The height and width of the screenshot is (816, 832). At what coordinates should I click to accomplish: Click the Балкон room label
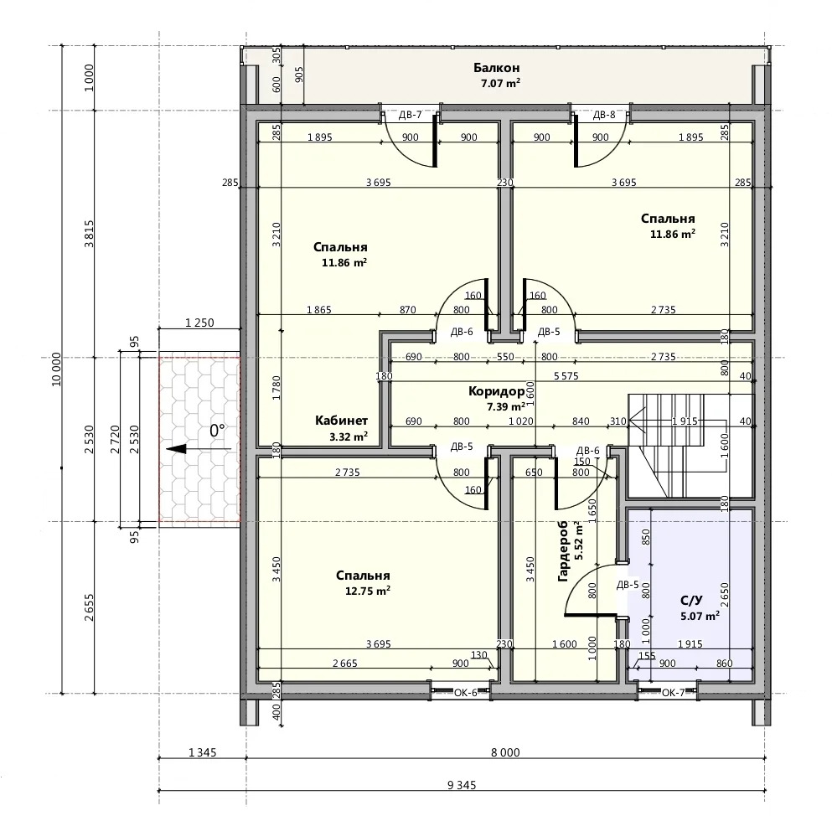click(x=497, y=68)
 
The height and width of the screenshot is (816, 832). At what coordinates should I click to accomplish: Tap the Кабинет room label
click(x=341, y=421)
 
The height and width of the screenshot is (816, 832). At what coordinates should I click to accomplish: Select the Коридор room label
click(x=496, y=391)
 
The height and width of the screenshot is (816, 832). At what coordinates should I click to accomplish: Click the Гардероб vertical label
click(x=563, y=551)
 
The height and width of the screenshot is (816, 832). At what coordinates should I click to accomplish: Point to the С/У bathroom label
click(x=691, y=601)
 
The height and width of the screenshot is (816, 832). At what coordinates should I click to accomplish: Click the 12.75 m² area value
click(x=368, y=591)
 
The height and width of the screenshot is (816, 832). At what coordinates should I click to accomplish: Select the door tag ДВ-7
click(x=411, y=115)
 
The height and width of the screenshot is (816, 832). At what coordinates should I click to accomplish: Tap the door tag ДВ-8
click(x=604, y=115)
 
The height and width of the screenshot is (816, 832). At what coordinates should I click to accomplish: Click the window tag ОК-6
click(x=465, y=692)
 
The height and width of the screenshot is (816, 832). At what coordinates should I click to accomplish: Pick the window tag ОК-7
click(x=673, y=692)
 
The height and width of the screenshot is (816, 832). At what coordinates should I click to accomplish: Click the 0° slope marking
click(x=216, y=431)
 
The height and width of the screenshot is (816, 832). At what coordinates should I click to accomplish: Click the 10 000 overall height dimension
click(x=56, y=369)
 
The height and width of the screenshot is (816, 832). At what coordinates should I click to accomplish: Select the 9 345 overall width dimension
click(x=462, y=785)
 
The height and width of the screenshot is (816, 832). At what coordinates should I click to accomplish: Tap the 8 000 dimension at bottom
click(x=505, y=752)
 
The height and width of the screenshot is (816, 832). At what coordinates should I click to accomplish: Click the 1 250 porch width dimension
click(x=199, y=323)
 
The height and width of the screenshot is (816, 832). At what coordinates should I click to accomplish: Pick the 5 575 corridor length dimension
click(x=566, y=376)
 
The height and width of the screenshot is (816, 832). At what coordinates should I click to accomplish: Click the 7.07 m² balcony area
click(x=500, y=83)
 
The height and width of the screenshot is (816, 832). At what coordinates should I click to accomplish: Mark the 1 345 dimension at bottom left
click(x=202, y=752)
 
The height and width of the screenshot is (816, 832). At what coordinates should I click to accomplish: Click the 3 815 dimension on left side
click(x=89, y=234)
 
